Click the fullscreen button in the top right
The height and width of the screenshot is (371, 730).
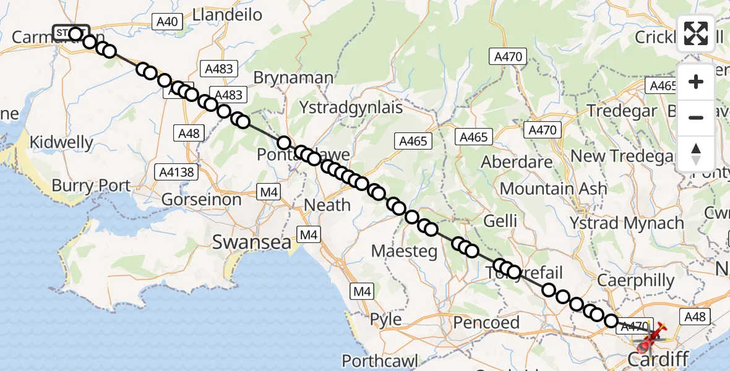[696, 33]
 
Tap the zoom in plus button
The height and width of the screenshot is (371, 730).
[696, 82]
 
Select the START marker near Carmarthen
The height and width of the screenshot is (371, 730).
[72, 32]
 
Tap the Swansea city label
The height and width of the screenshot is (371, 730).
[251, 242]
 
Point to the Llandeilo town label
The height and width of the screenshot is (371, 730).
[228, 14]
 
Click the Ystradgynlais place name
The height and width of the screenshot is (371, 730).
[351, 107]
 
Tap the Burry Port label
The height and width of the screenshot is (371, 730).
[92, 185]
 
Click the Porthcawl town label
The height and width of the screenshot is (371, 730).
[380, 361]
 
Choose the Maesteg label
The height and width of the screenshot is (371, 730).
[404, 251]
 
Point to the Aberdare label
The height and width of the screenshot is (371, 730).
[517, 163]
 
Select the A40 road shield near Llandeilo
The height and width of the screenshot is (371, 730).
[167, 22]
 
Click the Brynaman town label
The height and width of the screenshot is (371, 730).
[293, 78]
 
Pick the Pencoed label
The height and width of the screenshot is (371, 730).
[486, 322]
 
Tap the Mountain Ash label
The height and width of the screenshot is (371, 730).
[554, 188]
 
